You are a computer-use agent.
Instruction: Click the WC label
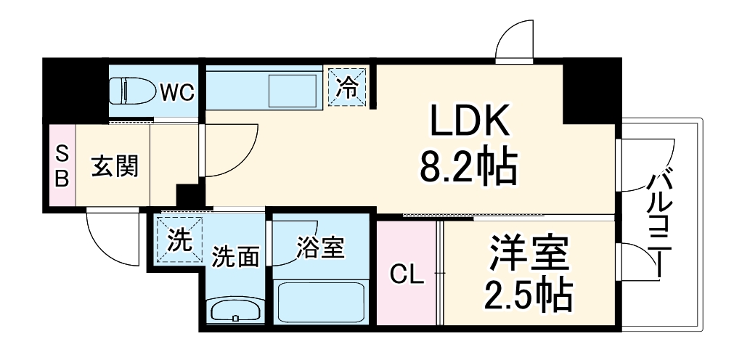176,91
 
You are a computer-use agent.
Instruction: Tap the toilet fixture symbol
134,91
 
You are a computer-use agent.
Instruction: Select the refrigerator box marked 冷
348,87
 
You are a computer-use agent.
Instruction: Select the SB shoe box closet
62,166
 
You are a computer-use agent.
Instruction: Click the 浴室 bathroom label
319,248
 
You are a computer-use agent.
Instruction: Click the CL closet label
407,274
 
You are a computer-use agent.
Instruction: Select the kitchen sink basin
290,91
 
